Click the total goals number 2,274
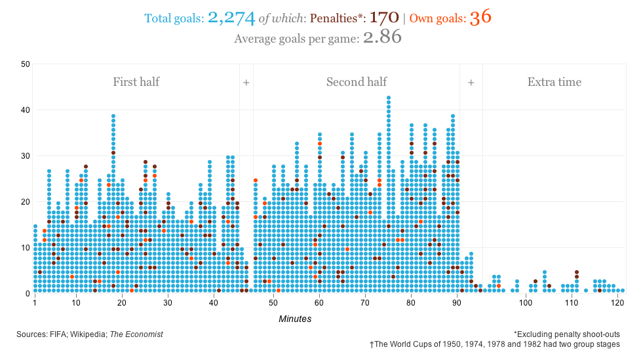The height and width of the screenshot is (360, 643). pyautogui.click(x=231, y=18)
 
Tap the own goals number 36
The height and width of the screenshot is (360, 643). pyautogui.click(x=480, y=18)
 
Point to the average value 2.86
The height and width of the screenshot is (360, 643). pyautogui.click(x=381, y=37)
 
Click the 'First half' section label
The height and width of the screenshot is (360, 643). pyautogui.click(x=136, y=82)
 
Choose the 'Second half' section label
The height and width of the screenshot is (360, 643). pyautogui.click(x=357, y=82)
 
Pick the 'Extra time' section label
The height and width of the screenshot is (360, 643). pyautogui.click(x=555, y=82)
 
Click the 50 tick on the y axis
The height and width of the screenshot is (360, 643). pyautogui.click(x=26, y=64)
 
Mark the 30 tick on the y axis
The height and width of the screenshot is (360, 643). pyautogui.click(x=26, y=156)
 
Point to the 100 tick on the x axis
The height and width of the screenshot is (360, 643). pyautogui.click(x=526, y=304)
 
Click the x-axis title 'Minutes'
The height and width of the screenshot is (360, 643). pyautogui.click(x=295, y=319)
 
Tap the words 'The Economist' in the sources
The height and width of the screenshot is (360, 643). pyautogui.click(x=136, y=334)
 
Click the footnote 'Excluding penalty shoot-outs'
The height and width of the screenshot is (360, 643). pyautogui.click(x=567, y=334)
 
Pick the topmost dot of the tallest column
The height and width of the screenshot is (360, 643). pyautogui.click(x=389, y=98)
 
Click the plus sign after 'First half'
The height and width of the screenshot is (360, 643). pyautogui.click(x=246, y=83)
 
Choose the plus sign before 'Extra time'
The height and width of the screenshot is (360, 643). pyautogui.click(x=471, y=83)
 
